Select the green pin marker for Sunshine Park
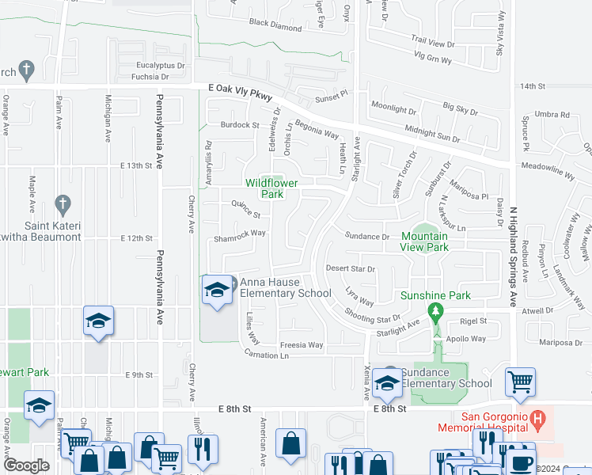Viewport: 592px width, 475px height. pyautogui.click(x=435, y=313)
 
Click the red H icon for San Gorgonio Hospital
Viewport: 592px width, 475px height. pyautogui.click(x=538, y=416)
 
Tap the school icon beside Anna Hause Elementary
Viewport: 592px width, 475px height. pyautogui.click(x=217, y=291)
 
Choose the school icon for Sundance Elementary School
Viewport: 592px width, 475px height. pyautogui.click(x=387, y=383)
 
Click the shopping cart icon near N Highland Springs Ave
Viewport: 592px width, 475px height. pyautogui.click(x=520, y=383)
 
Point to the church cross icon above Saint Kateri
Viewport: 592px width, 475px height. pyautogui.click(x=63, y=205)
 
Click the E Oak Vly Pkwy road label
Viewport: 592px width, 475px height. pyautogui.click(x=240, y=93)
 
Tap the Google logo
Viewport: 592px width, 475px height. pyautogui.click(x=26, y=465)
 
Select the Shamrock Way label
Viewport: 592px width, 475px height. pyautogui.click(x=240, y=234)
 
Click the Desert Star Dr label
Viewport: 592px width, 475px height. pyautogui.click(x=350, y=269)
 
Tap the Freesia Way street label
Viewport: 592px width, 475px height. pyautogui.click(x=304, y=345)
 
